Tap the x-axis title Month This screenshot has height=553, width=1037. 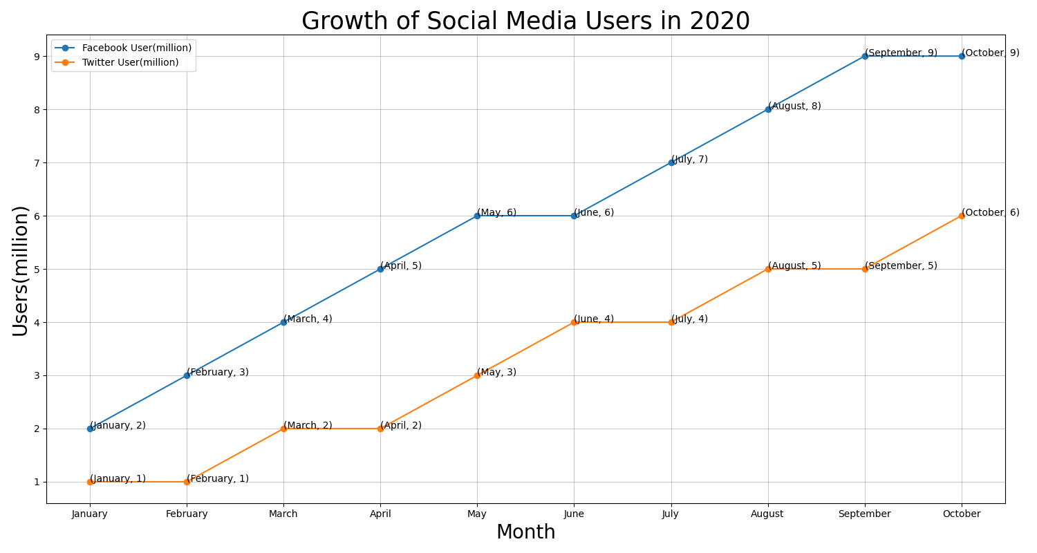[x=525, y=532]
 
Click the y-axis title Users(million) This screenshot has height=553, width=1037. [x=20, y=271]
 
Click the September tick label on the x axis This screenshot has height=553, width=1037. [x=864, y=514]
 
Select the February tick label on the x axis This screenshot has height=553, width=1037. [x=187, y=514]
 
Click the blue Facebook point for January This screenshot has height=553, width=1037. [x=90, y=429]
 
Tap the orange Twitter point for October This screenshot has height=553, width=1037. [x=962, y=216]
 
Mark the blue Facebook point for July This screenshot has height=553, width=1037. [x=671, y=163]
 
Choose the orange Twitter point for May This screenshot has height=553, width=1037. [x=477, y=376]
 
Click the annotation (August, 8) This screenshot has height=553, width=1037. [x=794, y=106]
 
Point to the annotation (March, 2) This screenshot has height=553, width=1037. [x=308, y=425]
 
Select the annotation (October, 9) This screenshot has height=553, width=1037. [x=991, y=53]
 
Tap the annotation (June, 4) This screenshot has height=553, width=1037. [x=594, y=319]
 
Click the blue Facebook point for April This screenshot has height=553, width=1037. [x=380, y=270]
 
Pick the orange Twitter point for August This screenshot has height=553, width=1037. [x=768, y=270]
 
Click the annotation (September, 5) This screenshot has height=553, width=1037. [x=901, y=265]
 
